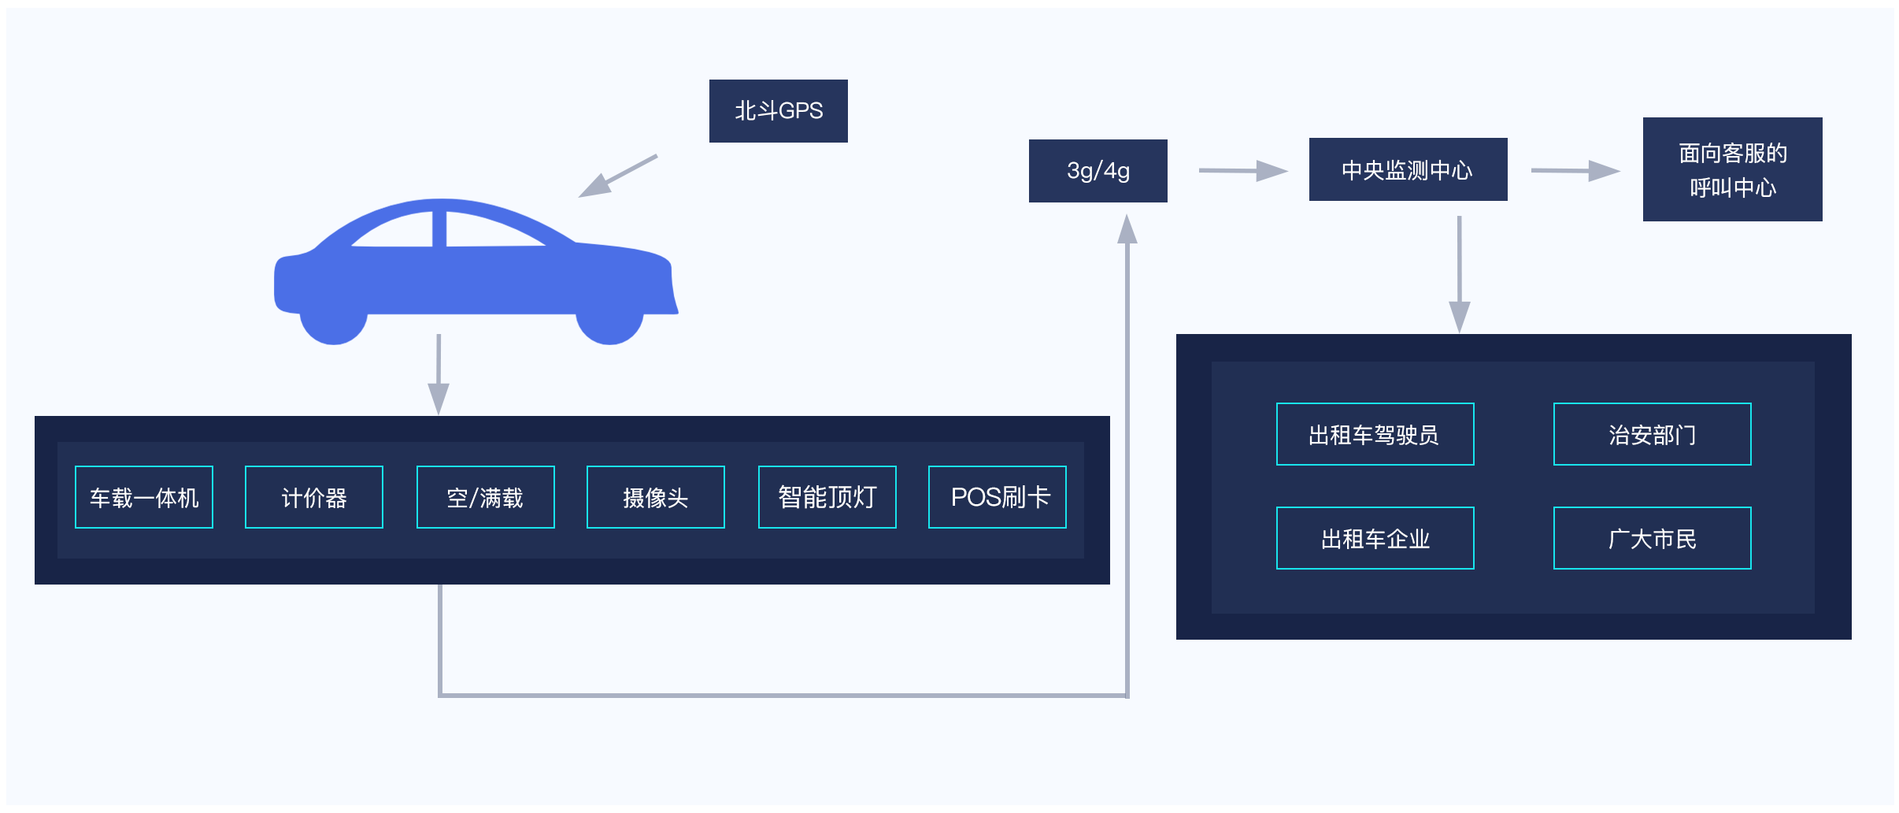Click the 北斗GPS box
(778, 111)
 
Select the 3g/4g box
(1098, 171)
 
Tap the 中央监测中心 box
(1408, 169)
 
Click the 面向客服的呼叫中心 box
(1732, 169)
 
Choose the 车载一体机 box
(144, 497)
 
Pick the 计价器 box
(314, 497)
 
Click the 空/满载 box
(485, 497)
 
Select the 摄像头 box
(655, 497)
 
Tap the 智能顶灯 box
(827, 497)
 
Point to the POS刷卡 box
(998, 497)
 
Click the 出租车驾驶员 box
(1375, 434)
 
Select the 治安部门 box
(1652, 434)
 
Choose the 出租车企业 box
(1375, 538)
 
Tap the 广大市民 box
(1652, 538)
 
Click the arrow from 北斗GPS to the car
(617, 176)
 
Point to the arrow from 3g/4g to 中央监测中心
(1242, 170)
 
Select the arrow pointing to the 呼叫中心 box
(1575, 170)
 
